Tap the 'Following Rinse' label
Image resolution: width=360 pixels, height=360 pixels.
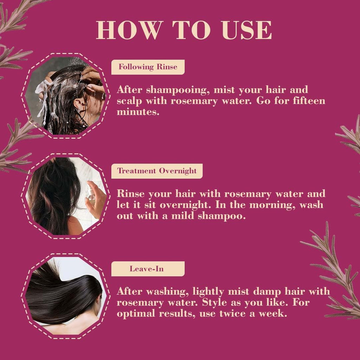(148, 67)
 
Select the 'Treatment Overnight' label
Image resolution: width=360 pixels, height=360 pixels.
(157, 171)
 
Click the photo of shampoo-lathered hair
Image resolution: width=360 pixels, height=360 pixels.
(66, 96)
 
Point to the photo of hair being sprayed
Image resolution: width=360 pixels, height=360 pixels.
(66, 196)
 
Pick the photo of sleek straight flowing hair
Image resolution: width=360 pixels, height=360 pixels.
(66, 295)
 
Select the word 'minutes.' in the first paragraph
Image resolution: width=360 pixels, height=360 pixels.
(138, 112)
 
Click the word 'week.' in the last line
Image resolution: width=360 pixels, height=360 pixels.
(274, 313)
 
